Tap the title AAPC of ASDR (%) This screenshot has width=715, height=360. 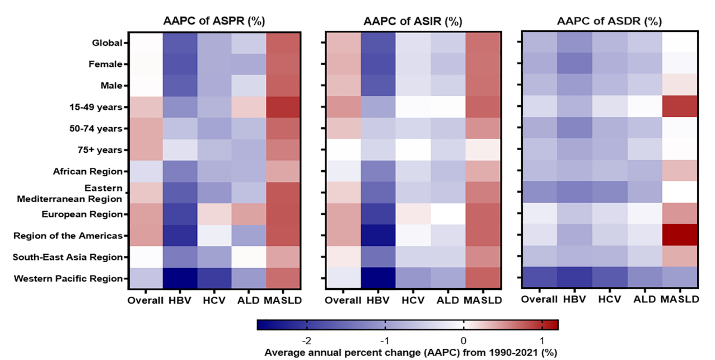coord(610,21)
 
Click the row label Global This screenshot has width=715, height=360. coord(108,43)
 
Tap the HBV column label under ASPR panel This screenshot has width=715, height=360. coord(180,300)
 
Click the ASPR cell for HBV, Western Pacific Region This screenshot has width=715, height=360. coord(180,278)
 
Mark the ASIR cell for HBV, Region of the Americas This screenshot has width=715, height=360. coord(378,235)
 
